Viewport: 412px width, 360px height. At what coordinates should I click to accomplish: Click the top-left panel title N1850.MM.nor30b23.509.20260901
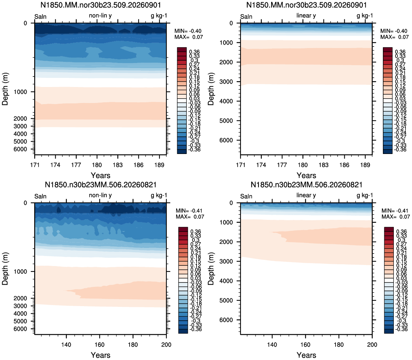tap(101, 5)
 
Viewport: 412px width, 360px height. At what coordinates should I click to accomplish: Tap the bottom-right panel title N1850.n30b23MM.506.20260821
tap(306, 185)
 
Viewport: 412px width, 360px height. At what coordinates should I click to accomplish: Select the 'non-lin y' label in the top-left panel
tap(100, 16)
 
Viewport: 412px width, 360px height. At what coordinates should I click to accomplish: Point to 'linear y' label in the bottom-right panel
tap(306, 195)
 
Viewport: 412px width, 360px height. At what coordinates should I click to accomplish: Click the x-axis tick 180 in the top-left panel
tap(97, 165)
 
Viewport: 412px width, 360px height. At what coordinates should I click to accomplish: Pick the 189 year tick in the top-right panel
tap(365, 165)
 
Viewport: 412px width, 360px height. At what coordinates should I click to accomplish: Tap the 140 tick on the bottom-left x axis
tap(66, 345)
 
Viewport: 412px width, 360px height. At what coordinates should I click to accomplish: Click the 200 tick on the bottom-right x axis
tap(372, 345)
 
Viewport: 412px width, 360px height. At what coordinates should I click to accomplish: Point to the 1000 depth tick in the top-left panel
tap(20, 92)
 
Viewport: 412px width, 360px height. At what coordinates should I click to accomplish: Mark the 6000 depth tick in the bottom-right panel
tap(226, 320)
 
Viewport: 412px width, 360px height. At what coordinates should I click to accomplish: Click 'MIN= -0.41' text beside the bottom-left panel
tap(189, 211)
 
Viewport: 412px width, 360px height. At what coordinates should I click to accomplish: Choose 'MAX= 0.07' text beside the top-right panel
tap(395, 37)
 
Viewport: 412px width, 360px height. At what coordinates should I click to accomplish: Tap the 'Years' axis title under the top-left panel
tap(101, 175)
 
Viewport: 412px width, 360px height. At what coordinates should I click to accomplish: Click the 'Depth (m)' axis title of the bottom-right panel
tap(211, 269)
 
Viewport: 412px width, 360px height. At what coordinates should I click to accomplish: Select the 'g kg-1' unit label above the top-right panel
tap(365, 16)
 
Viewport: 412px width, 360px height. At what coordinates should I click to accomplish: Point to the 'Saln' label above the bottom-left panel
tap(40, 197)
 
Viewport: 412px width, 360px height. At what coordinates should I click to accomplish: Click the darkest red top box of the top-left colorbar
tap(182, 50)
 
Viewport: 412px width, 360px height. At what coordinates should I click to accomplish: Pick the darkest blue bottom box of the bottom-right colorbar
tap(389, 331)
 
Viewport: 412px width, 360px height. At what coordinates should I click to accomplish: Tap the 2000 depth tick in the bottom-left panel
tap(20, 298)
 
